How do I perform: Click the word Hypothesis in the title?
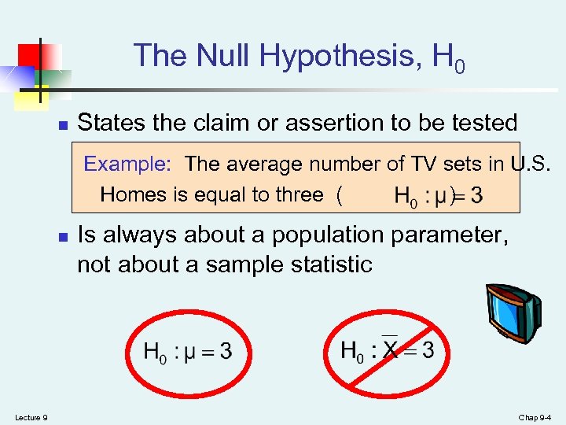coord(339,56)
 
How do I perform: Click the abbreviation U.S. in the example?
coord(531,164)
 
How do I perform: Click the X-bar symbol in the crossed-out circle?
coord(391,350)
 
